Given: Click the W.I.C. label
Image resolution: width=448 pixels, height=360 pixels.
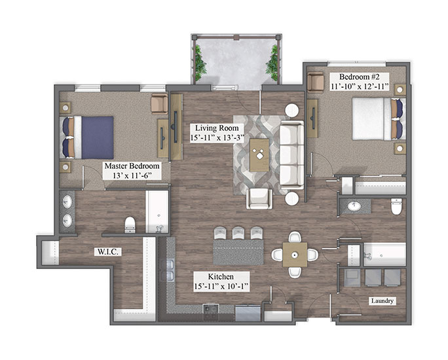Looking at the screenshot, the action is pyautogui.click(x=107, y=252).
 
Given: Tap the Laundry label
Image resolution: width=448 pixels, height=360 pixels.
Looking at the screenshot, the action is pyautogui.click(x=382, y=300).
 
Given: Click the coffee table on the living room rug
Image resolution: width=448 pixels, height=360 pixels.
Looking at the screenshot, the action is pyautogui.click(x=259, y=155).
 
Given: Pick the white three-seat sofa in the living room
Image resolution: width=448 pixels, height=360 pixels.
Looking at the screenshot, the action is pyautogui.click(x=291, y=154).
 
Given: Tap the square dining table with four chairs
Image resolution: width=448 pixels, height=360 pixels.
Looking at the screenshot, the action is pyautogui.click(x=295, y=255).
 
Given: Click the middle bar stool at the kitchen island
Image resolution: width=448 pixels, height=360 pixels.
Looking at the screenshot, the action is pyautogui.click(x=238, y=233).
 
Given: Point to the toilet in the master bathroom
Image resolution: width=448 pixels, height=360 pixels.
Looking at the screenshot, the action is pyautogui.click(x=130, y=225).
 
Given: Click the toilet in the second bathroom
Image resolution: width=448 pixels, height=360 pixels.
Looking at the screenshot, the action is pyautogui.click(x=396, y=206).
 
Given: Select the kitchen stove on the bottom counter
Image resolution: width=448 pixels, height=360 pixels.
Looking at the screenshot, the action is pyautogui.click(x=211, y=312).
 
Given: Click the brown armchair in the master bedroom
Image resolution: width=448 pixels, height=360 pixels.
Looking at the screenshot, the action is pyautogui.click(x=159, y=104).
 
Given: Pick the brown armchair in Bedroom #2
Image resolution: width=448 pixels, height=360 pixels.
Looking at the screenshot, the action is pyautogui.click(x=316, y=82).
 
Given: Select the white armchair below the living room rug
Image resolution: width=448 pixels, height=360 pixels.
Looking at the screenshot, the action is pyautogui.click(x=259, y=199).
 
